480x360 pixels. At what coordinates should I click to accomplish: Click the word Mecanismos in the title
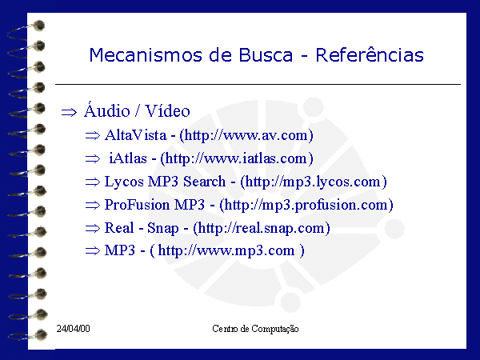146,55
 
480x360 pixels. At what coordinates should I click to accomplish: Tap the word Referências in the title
370,54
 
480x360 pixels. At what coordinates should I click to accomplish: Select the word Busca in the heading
266,55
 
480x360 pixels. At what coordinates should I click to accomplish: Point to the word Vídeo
167,110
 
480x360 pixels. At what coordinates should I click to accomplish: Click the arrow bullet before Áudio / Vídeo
69,112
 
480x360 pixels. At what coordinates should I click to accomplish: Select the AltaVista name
136,135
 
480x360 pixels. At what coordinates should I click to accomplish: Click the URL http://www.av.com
246,135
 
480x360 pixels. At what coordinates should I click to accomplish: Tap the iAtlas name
128,158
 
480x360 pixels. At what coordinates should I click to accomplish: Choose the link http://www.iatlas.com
236,158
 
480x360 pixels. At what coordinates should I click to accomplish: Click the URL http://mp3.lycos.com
313,182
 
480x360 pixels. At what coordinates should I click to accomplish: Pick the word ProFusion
137,205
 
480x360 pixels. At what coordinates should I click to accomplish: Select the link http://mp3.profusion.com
306,205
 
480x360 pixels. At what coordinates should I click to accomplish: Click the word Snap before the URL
163,228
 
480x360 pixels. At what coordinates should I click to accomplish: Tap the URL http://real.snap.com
261,228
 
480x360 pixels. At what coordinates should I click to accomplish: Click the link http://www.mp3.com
226,250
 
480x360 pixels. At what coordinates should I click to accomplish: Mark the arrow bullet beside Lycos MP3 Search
93,182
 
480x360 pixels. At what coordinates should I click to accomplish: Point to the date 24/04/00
73,329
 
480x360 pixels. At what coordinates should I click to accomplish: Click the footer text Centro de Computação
255,329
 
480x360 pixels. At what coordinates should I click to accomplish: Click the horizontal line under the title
258,84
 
